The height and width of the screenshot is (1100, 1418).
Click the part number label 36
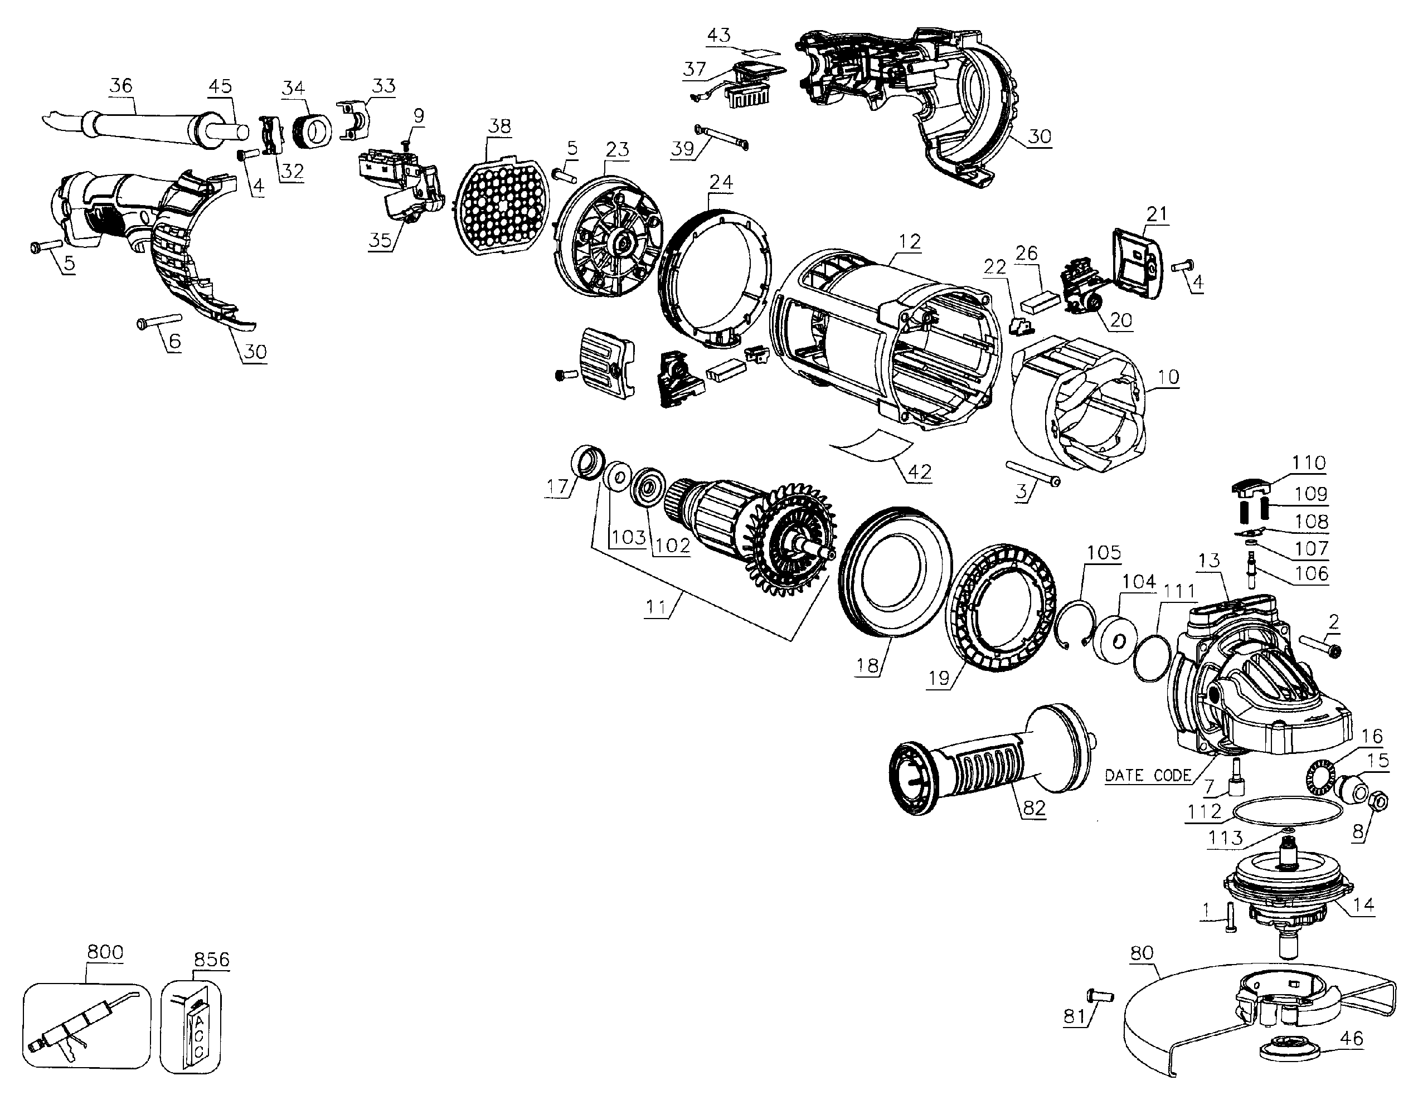[121, 85]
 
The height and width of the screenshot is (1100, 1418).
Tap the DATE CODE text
[1148, 776]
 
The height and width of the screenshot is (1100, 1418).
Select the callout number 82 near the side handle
[1035, 808]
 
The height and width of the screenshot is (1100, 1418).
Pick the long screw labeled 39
[721, 138]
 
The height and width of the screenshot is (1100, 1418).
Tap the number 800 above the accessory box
[105, 952]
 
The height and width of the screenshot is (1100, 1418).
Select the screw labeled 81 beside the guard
[1099, 995]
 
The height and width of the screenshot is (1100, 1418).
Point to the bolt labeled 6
[159, 320]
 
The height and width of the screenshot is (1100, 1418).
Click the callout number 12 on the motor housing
[910, 242]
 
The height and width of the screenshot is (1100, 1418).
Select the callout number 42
[919, 472]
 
